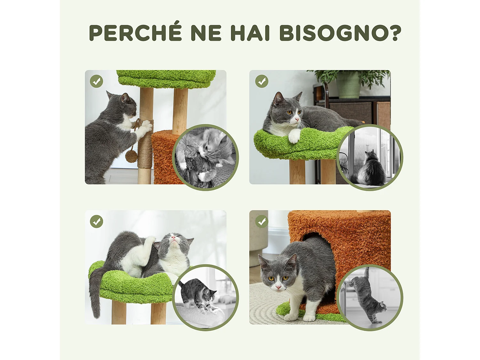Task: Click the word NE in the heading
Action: coord(206,33)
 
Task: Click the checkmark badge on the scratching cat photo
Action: coord(96,81)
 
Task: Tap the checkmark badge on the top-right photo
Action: coord(261,81)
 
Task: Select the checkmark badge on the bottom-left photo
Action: coord(96,221)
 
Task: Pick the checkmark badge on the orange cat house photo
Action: coord(261,221)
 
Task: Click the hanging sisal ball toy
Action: coord(131,156)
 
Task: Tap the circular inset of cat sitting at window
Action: coord(370,157)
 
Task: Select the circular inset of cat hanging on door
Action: coord(370,298)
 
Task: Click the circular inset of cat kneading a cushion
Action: coord(205,298)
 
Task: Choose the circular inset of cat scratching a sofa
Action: coord(205,157)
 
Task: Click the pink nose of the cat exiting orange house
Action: coord(278,287)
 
